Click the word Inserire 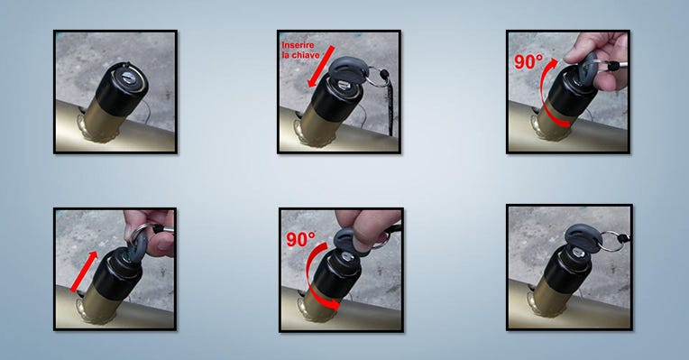(x=298, y=45)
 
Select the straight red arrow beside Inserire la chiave (x=320, y=66)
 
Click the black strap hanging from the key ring (x=390, y=102)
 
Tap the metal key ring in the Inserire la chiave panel (x=375, y=77)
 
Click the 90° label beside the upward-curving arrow (x=528, y=61)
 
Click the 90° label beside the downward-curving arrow (x=301, y=239)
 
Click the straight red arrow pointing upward (x=84, y=272)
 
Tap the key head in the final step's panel (x=583, y=238)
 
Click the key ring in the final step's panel (x=612, y=241)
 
